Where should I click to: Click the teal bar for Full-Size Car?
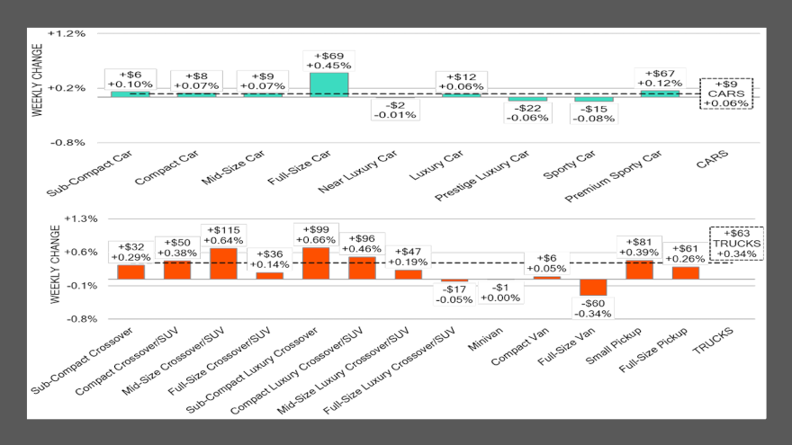[328, 84]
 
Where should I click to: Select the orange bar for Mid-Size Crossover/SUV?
[224, 263]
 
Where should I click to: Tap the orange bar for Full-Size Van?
[593, 287]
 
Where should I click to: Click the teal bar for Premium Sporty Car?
[660, 93]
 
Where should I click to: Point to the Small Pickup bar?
[640, 269]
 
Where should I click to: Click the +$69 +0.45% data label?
[328, 59]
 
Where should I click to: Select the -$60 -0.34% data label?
[594, 308]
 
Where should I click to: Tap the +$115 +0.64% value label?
[224, 235]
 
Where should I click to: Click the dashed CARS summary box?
[726, 93]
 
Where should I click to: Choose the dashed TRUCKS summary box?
[737, 243]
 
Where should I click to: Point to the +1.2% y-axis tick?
[70, 33]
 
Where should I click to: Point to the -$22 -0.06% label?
[527, 113]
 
